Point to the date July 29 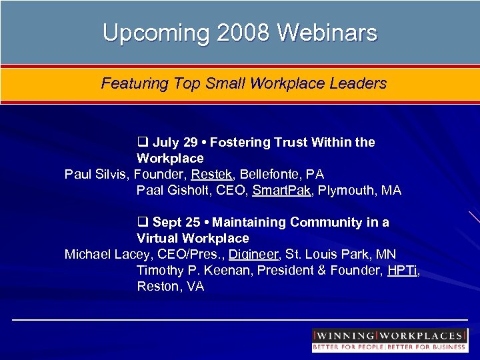174,142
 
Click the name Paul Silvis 96,174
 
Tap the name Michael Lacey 105,254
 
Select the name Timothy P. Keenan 187,270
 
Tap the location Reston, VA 170,286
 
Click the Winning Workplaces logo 389,340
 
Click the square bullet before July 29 142,142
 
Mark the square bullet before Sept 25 142,222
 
